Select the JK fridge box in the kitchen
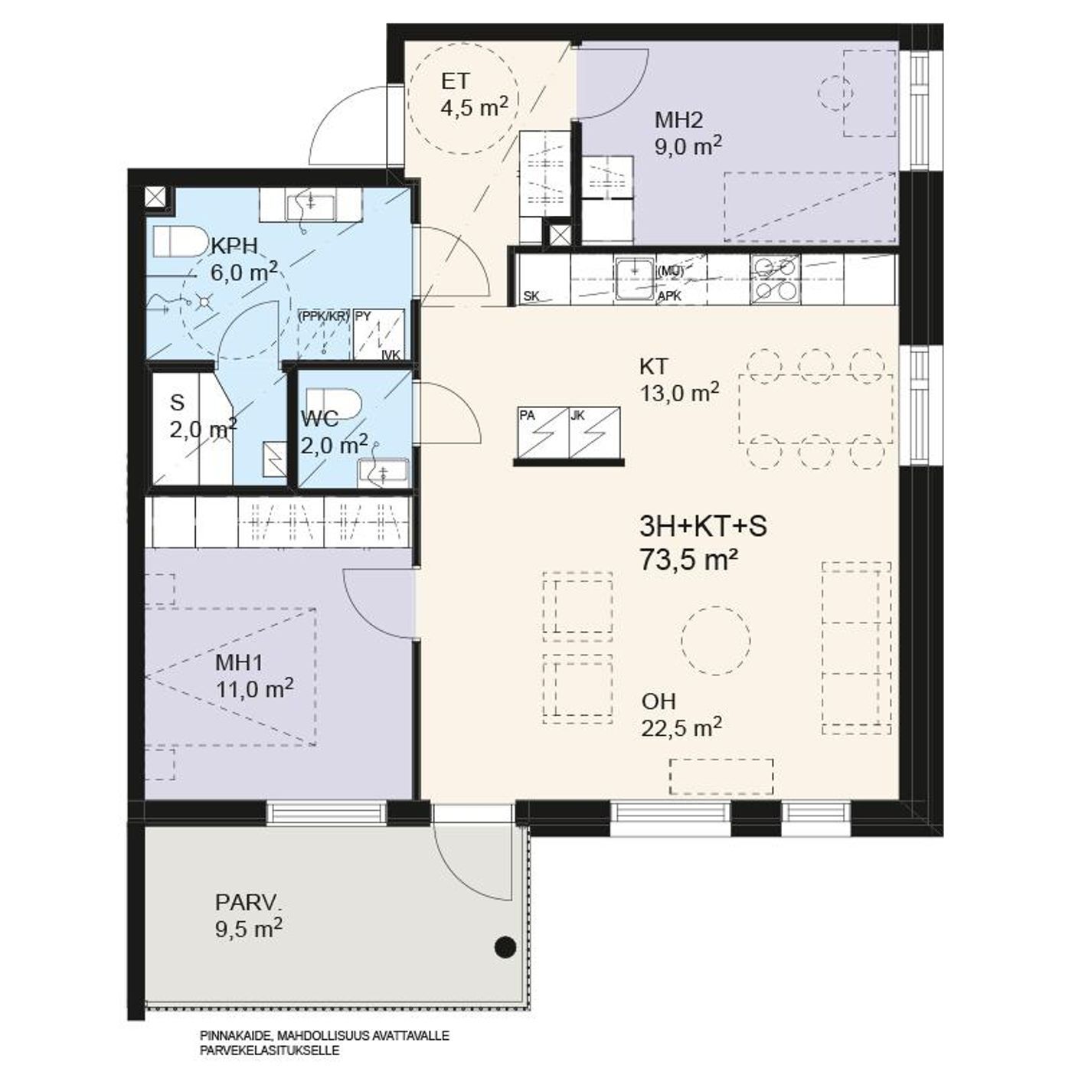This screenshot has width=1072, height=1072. [594, 433]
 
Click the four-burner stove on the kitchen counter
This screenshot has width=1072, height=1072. [775, 279]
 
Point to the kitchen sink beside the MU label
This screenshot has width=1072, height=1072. [636, 279]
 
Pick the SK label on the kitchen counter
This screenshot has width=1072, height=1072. [531, 296]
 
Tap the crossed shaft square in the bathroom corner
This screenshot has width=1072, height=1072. [154, 197]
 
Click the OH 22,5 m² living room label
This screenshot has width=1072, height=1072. [681, 715]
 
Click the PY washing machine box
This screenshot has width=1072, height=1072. [379, 334]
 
